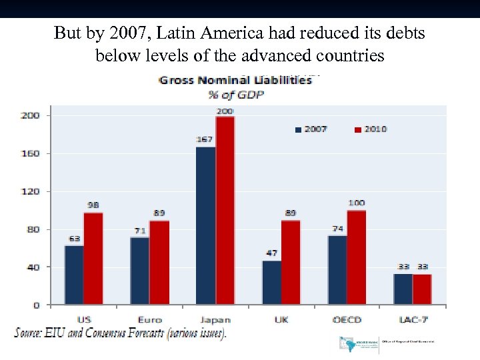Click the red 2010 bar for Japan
(225, 211)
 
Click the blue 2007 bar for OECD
(337, 270)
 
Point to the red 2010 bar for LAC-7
(422, 289)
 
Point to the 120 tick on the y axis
(31, 191)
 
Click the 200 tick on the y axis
(31, 115)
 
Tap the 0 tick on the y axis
(37, 305)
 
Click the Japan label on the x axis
(215, 319)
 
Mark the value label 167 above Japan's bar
(205, 139)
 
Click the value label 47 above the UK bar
(271, 253)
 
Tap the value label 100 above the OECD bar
(357, 203)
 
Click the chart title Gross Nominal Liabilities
(235, 80)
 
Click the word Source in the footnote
(33, 333)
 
